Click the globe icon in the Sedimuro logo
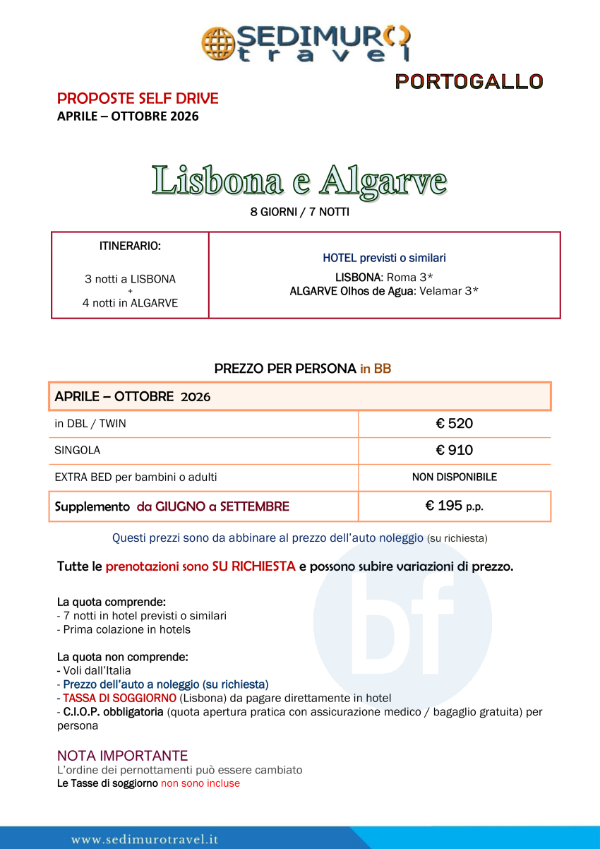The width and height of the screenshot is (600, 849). coord(217,43)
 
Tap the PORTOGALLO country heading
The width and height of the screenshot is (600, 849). coord(469,82)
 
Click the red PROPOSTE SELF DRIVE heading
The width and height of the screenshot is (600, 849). coord(138,98)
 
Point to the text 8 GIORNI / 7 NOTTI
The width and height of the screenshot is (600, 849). coord(299,212)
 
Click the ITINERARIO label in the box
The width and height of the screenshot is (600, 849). coord(130,247)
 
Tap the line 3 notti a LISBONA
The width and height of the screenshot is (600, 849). coord(130,279)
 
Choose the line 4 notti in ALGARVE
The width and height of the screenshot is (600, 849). coord(130,303)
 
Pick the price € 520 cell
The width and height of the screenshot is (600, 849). coord(454,424)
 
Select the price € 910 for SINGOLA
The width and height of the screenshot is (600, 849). coord(454,450)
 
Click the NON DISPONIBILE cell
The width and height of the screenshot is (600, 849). coord(454,477)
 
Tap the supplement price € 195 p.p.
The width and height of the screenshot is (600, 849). coord(454,506)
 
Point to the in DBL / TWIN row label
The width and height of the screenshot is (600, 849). coord(90,424)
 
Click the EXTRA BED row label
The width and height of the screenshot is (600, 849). coord(136,477)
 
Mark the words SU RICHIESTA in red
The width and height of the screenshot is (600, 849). coord(253,566)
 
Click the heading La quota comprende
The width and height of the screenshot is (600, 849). coord(111,602)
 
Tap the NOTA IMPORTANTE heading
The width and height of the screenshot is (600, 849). coord(122,756)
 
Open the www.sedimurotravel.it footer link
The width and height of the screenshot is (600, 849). coord(145,839)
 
